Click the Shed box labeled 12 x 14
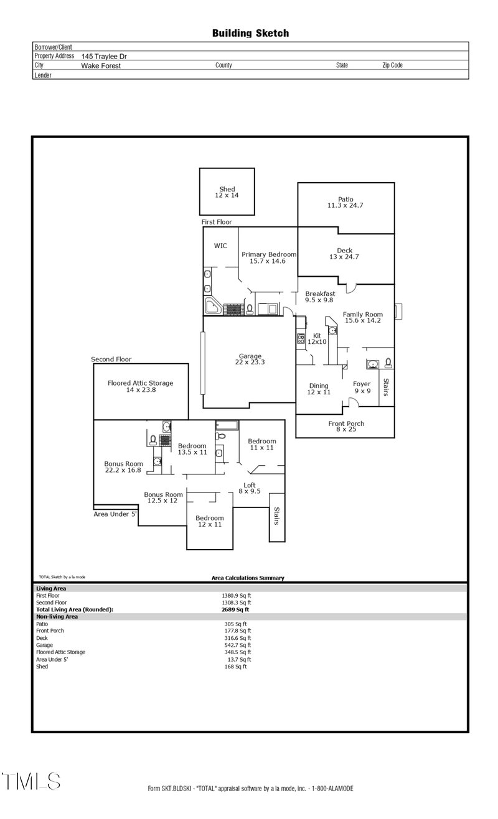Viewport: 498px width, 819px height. (x=227, y=192)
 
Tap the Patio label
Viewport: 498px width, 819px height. (x=345, y=202)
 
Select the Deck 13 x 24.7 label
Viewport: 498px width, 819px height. (x=344, y=254)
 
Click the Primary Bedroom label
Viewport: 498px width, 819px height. (x=268, y=257)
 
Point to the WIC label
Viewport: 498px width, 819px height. (x=220, y=246)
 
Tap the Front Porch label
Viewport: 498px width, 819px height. (x=346, y=426)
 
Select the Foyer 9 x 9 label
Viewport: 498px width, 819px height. (x=362, y=387)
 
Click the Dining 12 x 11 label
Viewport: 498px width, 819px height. (x=319, y=389)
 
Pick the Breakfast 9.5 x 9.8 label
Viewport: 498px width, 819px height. (x=320, y=297)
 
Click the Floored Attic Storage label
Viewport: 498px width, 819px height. (x=140, y=387)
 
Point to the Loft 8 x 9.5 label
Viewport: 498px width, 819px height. (x=249, y=488)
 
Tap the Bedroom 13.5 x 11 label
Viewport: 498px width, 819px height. (x=192, y=449)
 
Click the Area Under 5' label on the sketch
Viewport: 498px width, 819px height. (x=115, y=514)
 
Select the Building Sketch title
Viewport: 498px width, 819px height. (x=250, y=33)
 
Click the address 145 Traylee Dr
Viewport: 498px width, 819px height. (x=104, y=56)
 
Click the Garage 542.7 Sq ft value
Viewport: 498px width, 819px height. (x=237, y=645)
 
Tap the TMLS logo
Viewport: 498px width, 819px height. (x=31, y=781)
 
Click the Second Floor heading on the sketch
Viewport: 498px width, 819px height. (x=111, y=359)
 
